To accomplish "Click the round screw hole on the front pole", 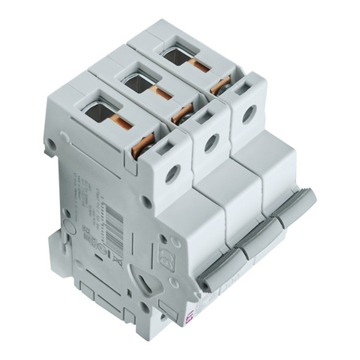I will click(x=172, y=173).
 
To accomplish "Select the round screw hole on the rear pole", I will click(x=248, y=114).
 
